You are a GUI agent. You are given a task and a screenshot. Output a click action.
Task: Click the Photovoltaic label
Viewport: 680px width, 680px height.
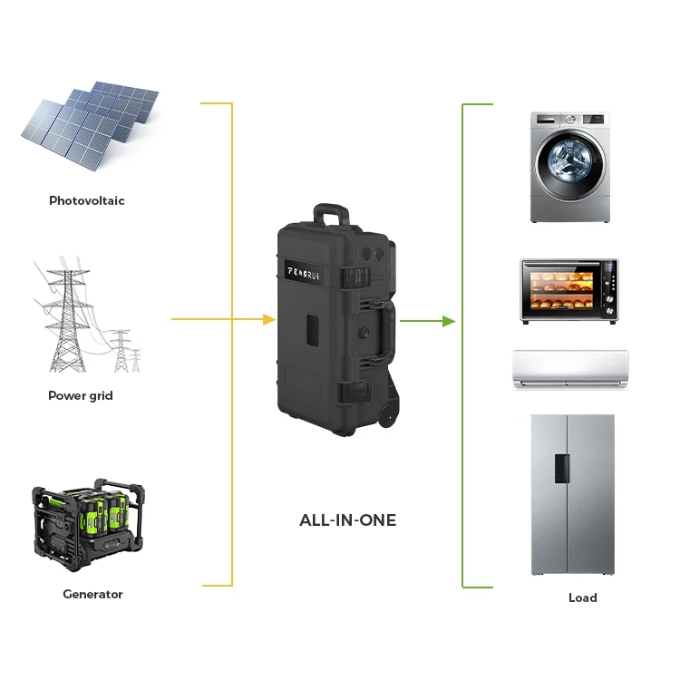click(87, 200)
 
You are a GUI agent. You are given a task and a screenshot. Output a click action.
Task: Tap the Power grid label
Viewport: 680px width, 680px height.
click(81, 396)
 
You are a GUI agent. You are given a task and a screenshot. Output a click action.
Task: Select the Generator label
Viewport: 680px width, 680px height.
click(92, 595)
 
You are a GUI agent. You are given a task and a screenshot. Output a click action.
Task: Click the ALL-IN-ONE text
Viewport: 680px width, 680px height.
click(348, 520)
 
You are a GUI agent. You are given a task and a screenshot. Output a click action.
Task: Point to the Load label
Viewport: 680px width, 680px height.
click(583, 597)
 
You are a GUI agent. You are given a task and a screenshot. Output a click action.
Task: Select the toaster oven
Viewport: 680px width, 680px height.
click(568, 291)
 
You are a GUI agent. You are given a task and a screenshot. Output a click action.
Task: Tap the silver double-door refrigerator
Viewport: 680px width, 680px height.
click(572, 495)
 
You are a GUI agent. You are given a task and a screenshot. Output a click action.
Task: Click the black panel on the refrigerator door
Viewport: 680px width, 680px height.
click(563, 464)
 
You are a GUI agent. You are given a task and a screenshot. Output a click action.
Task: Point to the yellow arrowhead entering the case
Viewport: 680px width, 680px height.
click(268, 319)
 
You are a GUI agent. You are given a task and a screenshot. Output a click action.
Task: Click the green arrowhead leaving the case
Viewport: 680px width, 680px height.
click(448, 321)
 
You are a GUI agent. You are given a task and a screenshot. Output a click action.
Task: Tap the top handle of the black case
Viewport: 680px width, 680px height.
click(331, 214)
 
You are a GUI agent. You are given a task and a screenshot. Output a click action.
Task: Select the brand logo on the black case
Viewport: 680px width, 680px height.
click(312, 271)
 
